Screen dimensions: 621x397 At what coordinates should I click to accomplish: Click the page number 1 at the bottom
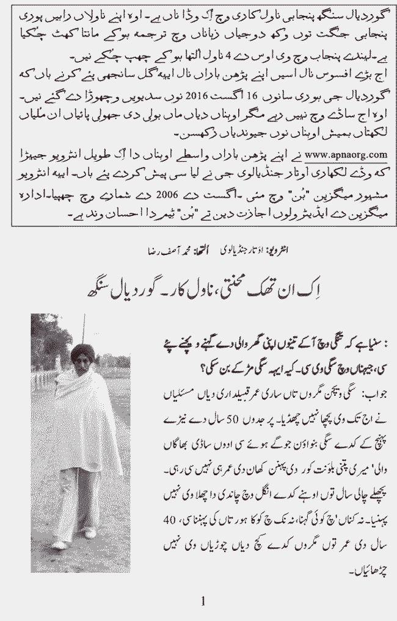coord(203,602)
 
